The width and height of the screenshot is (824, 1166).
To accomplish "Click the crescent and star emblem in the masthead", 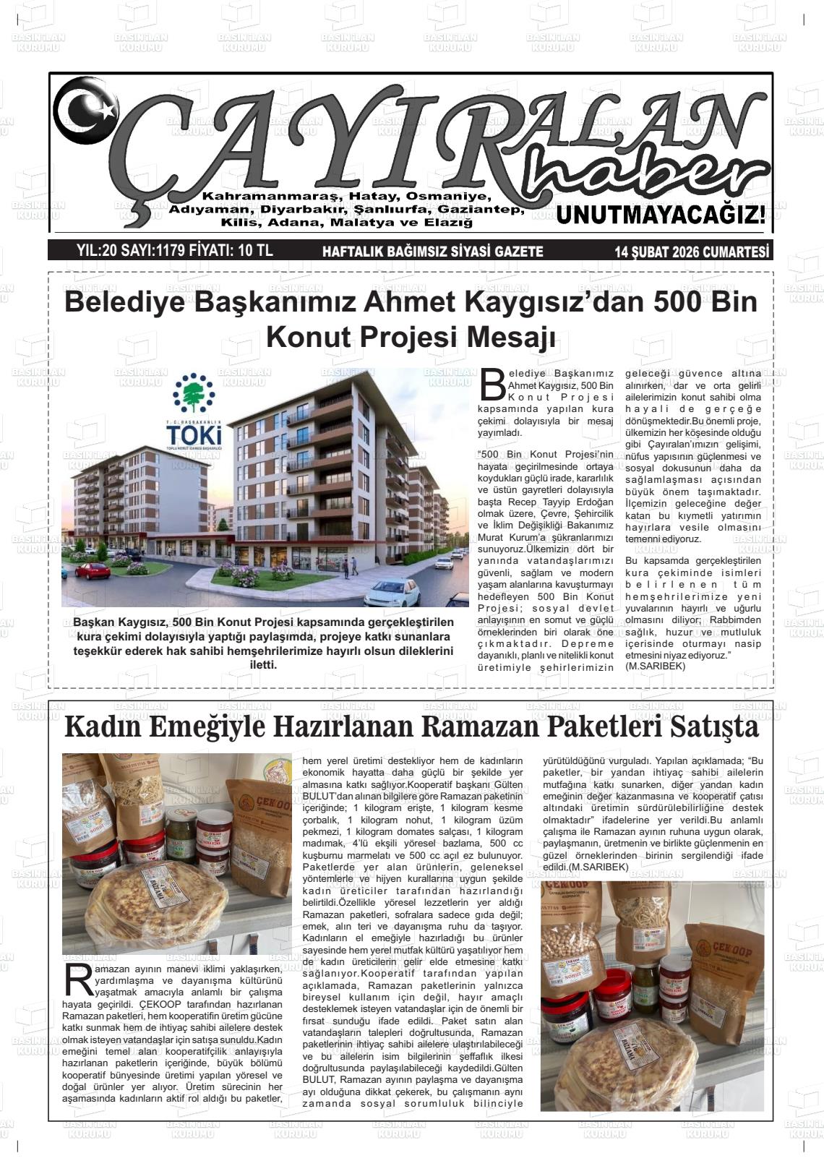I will click(85, 109).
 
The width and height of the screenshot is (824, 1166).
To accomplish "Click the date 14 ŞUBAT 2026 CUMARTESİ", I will click(692, 252).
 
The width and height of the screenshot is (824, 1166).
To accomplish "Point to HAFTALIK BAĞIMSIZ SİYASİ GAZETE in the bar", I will click(432, 252).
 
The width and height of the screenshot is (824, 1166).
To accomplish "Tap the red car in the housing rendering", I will click(93, 570).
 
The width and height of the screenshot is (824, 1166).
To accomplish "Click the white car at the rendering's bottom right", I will click(392, 594).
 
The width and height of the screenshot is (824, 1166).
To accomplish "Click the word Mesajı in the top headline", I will click(509, 337).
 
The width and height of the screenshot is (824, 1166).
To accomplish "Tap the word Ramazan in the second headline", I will click(481, 726).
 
